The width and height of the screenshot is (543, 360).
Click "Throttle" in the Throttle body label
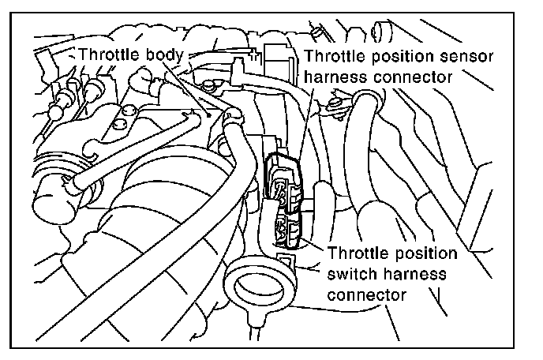[x=111, y=55]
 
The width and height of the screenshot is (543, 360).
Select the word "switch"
[x=352, y=275]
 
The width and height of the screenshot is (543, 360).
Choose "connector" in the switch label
[x=365, y=295]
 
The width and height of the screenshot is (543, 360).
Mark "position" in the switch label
[x=423, y=254]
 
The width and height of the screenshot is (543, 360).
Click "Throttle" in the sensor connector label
[x=331, y=58]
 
